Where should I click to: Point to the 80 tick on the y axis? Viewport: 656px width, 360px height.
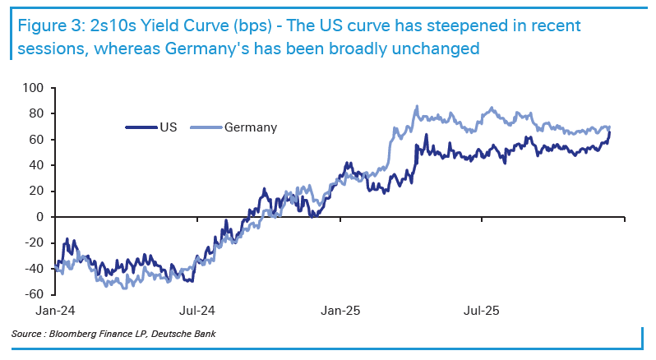point(36,113)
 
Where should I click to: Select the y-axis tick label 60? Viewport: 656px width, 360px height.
point(36,139)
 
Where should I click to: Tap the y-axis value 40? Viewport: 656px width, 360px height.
point(36,165)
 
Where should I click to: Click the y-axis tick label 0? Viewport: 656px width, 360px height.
point(39,217)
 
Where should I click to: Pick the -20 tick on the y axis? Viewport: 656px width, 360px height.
point(34,243)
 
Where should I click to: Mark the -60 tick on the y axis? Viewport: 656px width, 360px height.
point(34,294)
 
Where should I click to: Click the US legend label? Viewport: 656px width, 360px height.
point(167,127)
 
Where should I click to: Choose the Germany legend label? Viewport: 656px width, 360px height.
point(250,127)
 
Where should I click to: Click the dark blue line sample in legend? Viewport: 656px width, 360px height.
point(140,127)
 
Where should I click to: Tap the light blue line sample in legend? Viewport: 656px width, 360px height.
point(206,127)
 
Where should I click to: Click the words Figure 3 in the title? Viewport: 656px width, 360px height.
point(45,25)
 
